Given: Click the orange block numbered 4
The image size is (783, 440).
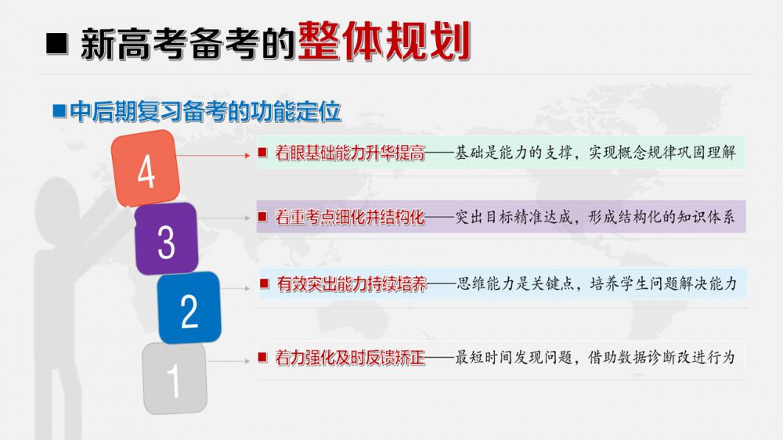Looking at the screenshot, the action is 146,168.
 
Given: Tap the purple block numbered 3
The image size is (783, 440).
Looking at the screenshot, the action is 166,238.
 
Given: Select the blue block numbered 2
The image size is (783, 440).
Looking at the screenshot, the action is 189,308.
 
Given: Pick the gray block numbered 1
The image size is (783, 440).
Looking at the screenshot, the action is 175,378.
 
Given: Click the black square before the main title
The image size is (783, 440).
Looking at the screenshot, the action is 57,43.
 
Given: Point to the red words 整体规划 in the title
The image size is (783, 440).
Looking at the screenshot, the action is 384,41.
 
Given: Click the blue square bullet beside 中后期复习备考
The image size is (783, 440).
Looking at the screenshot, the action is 60,111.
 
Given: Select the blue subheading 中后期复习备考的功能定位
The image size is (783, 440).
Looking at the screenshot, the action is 205,111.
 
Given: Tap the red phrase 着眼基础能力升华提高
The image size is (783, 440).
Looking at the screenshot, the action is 349,153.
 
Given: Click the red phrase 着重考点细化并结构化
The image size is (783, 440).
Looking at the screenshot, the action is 349,217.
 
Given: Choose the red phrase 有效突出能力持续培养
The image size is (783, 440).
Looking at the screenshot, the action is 352,284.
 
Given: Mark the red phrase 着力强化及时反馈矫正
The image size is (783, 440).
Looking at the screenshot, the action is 349,358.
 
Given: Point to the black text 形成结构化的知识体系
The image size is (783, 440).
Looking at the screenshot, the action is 662,217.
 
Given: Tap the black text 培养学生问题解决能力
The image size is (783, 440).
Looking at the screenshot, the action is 663,283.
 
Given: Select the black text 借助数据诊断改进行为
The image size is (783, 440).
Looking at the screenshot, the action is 662,357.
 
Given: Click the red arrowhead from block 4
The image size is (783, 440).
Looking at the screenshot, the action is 247,155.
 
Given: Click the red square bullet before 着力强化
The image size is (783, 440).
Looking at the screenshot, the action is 262,356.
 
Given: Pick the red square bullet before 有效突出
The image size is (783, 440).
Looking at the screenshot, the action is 264,283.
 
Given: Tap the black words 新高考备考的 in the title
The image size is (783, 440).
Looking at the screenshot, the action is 187,44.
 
